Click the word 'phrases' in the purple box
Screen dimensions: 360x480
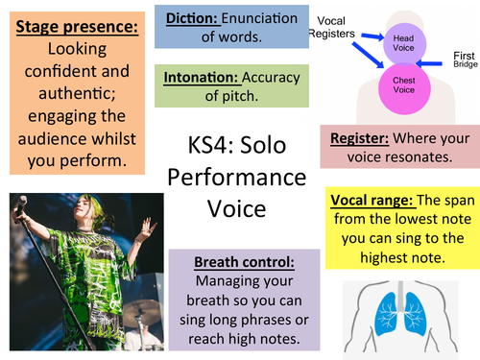(264, 322)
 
